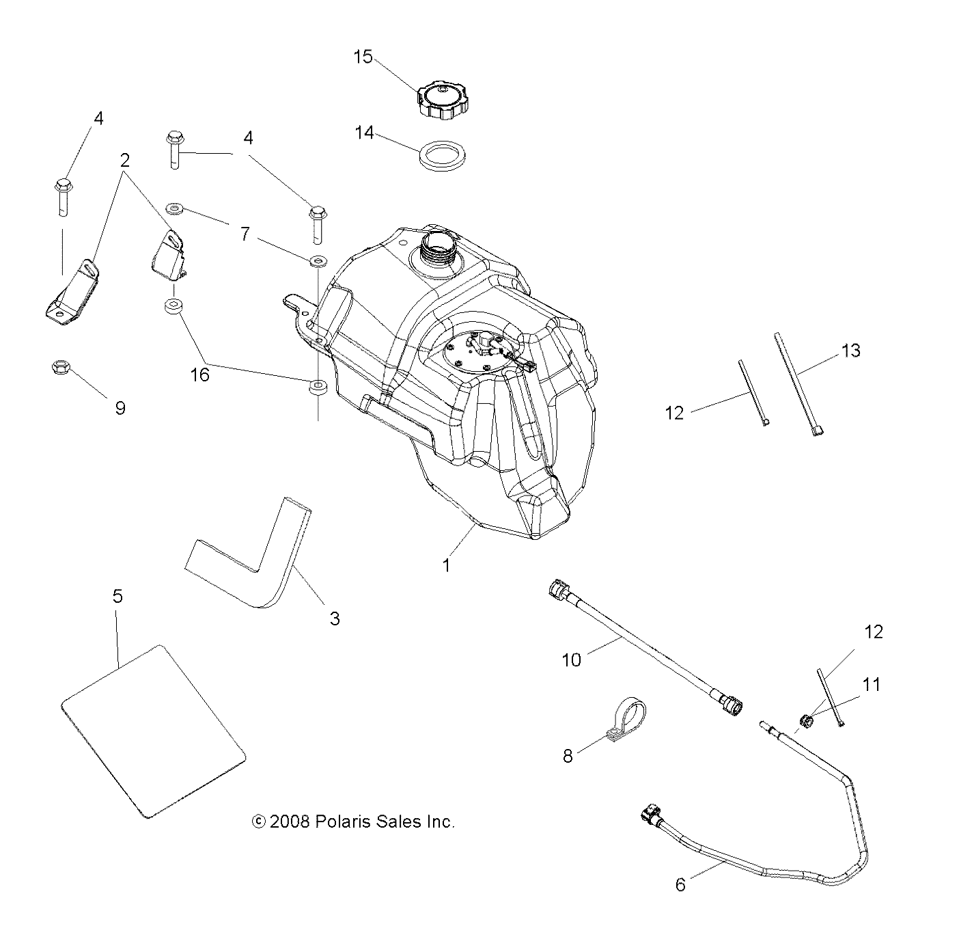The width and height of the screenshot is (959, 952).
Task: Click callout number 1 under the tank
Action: tap(446, 565)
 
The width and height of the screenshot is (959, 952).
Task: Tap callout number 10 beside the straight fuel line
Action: tap(571, 659)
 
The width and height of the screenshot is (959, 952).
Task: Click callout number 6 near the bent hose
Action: tap(680, 884)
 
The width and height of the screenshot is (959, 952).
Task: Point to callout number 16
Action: tap(200, 374)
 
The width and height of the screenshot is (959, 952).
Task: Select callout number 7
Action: tap(245, 234)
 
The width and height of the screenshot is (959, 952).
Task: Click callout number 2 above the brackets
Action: tap(124, 160)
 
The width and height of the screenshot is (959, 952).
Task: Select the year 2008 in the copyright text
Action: tap(290, 821)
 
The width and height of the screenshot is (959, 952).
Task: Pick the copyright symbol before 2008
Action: tap(258, 821)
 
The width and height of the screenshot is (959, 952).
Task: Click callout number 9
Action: tap(120, 408)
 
